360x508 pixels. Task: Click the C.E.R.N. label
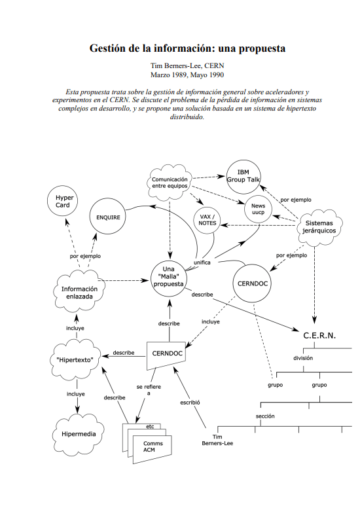click(319, 336)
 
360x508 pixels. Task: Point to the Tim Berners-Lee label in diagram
click(217, 440)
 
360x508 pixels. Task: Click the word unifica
click(202, 263)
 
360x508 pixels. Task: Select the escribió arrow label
click(190, 403)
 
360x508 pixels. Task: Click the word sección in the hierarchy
click(265, 416)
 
